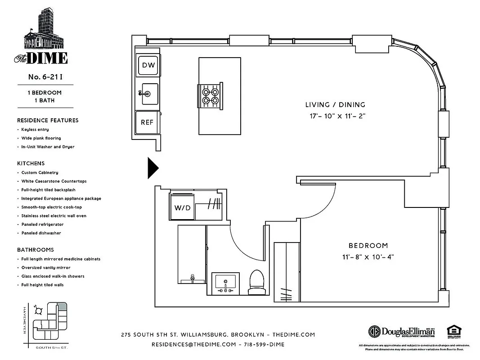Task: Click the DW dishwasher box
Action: point(148,65)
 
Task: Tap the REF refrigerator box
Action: point(147,122)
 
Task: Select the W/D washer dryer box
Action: point(182,208)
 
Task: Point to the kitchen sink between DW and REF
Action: point(149,94)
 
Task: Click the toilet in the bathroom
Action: point(256,283)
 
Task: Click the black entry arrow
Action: point(153,168)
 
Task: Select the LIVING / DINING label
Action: point(335,105)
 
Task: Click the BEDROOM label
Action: point(368,246)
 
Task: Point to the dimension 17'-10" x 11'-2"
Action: point(335,116)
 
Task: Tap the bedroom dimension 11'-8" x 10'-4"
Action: point(368,257)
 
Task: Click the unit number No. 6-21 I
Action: point(45,76)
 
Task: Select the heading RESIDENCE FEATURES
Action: point(48,120)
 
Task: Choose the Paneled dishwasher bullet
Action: point(41,233)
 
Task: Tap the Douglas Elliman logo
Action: point(402,332)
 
